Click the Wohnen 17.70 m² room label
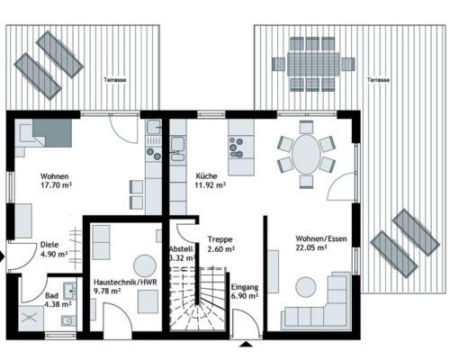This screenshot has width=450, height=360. coord(56,180)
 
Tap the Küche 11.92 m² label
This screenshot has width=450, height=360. coord(211,180)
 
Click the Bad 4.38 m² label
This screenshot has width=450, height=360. coord(58,300)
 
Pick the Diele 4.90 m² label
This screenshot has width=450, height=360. coord(54,249)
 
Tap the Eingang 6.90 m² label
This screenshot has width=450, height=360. coord(245,292)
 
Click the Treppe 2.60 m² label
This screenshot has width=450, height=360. coord(221,244)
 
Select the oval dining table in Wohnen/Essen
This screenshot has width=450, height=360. coord(306,155)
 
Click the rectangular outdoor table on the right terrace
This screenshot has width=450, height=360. coord(313,64)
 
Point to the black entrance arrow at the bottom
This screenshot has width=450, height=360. coord(247,344)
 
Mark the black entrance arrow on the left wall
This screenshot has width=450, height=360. coord(3,256)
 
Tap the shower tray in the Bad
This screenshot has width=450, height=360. coord(31,318)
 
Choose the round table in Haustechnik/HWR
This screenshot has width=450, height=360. coord(145,266)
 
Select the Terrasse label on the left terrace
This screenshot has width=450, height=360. coord(115,80)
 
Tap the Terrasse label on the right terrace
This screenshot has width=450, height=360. coord(378,80)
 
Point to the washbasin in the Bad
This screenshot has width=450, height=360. coord(70,289)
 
